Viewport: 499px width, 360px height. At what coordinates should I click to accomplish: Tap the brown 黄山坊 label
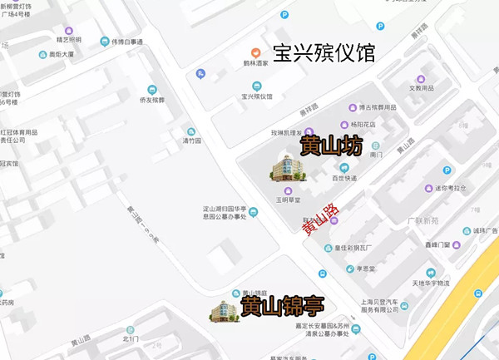coord(331,147)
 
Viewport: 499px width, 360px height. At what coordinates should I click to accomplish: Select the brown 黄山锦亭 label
coord(283,308)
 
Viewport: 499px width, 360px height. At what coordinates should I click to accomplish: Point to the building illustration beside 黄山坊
coord(288,168)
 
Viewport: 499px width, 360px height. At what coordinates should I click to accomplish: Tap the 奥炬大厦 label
coord(62,55)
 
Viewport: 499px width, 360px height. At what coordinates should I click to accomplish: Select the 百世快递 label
coord(344,178)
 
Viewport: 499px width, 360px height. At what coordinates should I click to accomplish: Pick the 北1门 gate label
coord(131,338)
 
